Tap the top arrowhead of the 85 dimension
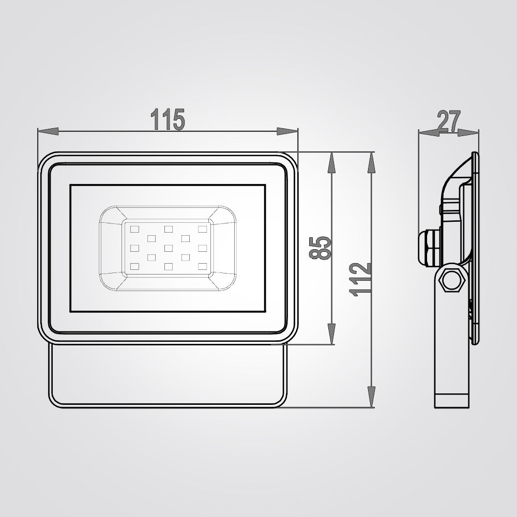pyautogui.click(x=332, y=163)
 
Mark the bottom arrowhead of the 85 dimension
pyautogui.click(x=332, y=333)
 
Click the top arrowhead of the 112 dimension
pyautogui.click(x=370, y=163)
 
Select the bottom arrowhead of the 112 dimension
pyautogui.click(x=370, y=397)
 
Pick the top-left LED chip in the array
pyautogui.click(x=135, y=229)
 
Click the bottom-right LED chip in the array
pyautogui.click(x=202, y=267)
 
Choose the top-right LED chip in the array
pyautogui.click(x=202, y=229)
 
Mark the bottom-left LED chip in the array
pyautogui.click(x=135, y=267)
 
